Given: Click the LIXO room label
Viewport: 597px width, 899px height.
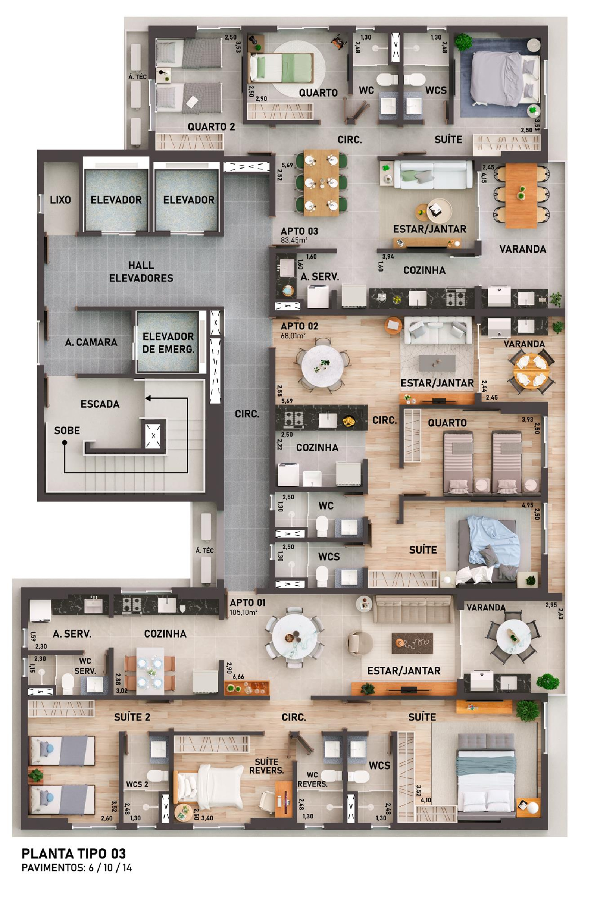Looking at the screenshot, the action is [x=60, y=200].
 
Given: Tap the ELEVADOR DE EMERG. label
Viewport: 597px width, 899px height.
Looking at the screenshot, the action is [x=168, y=342].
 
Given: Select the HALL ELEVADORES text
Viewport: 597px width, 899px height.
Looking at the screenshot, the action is [x=141, y=272].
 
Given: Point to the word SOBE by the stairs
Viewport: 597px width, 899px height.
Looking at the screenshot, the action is [x=67, y=430].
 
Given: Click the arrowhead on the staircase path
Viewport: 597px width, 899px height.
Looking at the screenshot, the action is [x=148, y=398].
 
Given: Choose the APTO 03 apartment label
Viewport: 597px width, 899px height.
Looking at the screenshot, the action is [x=299, y=231].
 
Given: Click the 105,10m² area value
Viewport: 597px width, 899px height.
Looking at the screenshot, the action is [x=244, y=613].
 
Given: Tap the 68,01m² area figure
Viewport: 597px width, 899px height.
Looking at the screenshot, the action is [x=294, y=336].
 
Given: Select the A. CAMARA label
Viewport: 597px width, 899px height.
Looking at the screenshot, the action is [x=91, y=342].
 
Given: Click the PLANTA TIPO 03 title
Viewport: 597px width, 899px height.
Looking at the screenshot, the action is [x=74, y=854].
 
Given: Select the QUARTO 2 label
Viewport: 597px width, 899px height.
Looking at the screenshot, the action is [x=211, y=127].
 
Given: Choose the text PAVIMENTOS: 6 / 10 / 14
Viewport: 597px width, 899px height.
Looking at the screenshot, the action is [x=76, y=868].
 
